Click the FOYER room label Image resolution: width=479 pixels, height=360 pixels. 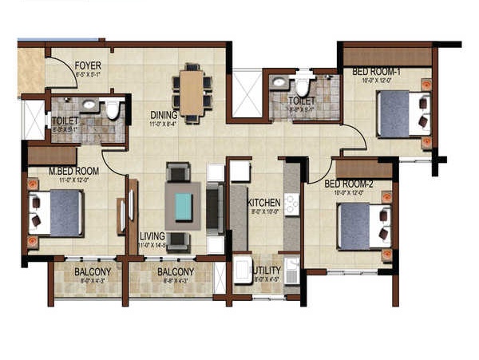point(87,65)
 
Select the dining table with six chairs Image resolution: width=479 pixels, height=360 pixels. point(192,93)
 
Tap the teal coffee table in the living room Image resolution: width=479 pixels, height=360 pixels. point(184,207)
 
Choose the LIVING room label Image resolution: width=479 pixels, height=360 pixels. point(152,236)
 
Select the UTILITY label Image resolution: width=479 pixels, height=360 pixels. point(267,271)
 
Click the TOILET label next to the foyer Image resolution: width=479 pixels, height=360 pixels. point(64,120)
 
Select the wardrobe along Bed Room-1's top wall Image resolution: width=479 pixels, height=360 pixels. point(387,57)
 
